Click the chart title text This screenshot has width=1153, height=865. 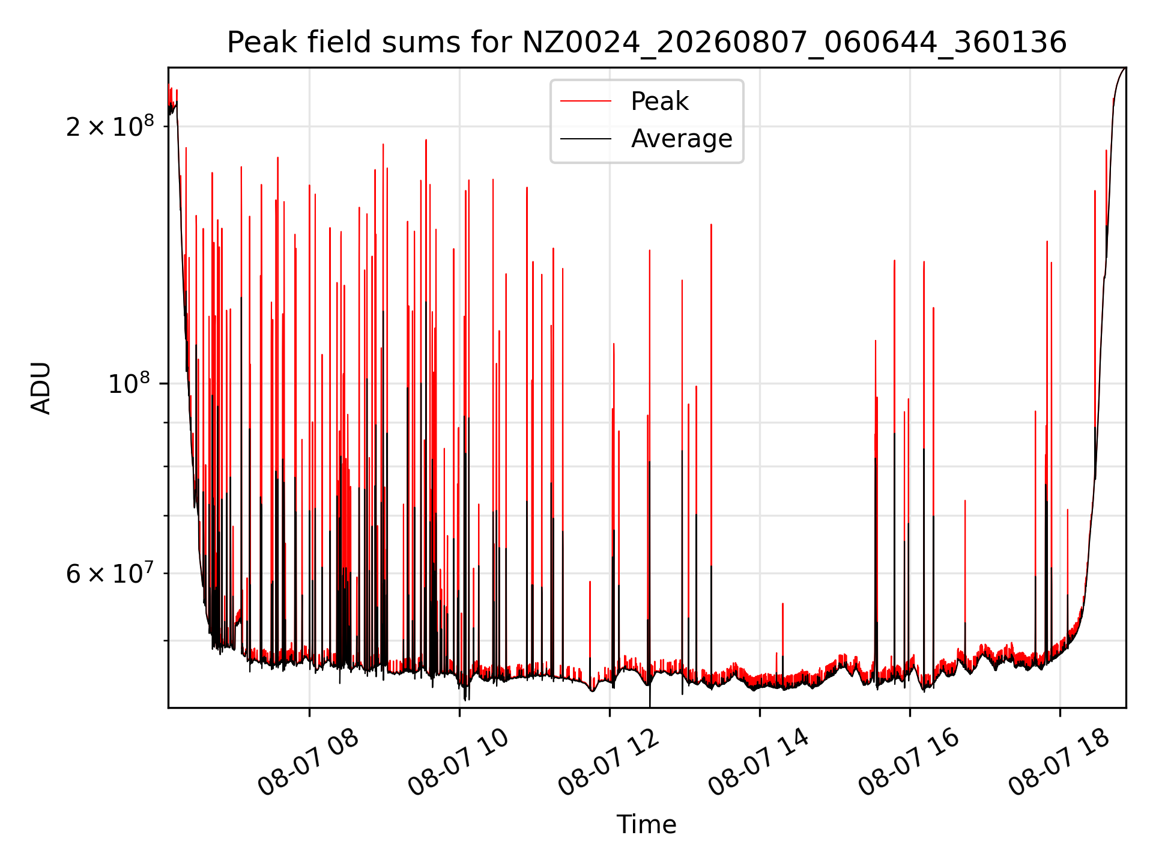point(647,43)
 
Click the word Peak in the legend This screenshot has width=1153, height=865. point(659,102)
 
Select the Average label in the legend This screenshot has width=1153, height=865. point(682,139)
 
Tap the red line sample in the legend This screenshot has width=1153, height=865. point(586,102)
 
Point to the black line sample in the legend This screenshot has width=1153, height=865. point(586,139)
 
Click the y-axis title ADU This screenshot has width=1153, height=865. point(41,388)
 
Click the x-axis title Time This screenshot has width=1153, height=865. point(647,825)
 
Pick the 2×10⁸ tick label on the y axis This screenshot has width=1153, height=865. point(110,126)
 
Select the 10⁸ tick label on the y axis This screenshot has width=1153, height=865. point(132,383)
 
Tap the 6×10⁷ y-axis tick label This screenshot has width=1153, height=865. point(110,573)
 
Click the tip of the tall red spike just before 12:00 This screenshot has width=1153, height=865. point(590,581)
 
